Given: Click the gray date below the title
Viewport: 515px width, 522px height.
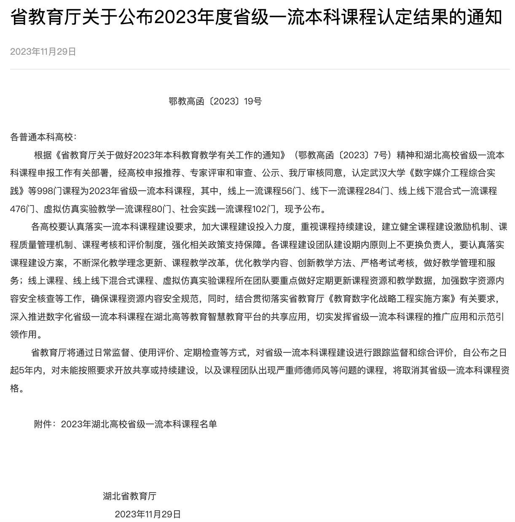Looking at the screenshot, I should pyautogui.click(x=43, y=51).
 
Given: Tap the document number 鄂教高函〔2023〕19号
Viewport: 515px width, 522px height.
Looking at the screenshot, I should pyautogui.click(x=215, y=101).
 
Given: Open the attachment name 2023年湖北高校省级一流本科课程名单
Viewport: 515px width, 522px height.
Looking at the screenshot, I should pyautogui.click(x=139, y=424).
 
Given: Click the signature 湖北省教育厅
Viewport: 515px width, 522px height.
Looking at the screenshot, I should pyautogui.click(x=129, y=496).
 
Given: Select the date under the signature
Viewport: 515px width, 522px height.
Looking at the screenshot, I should pyautogui.click(x=148, y=514).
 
